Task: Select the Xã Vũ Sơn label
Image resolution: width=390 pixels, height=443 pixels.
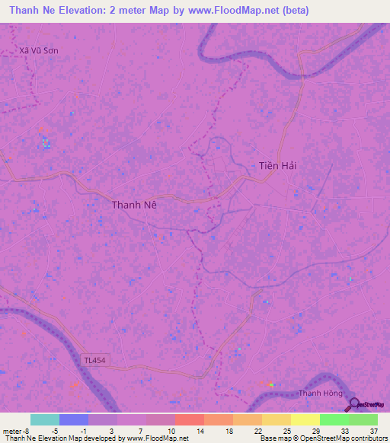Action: point(39,50)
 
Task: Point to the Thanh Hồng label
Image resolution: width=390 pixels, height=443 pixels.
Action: point(318,393)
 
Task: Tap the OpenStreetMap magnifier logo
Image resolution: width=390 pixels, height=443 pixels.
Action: point(354,404)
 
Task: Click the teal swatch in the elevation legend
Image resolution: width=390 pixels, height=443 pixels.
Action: point(44,419)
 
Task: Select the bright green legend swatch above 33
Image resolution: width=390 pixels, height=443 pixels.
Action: point(334,419)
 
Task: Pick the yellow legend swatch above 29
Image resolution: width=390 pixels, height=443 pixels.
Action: point(305,419)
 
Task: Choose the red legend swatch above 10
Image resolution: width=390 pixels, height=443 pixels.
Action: point(189,419)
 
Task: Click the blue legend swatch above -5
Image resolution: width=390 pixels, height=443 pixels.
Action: point(73,419)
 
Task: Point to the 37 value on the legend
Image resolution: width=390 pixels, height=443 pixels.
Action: point(373,430)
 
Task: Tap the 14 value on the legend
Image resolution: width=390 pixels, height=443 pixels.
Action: point(200,430)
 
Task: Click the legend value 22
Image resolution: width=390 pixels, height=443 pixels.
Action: point(257,430)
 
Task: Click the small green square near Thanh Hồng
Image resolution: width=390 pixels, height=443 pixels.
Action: point(271,384)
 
